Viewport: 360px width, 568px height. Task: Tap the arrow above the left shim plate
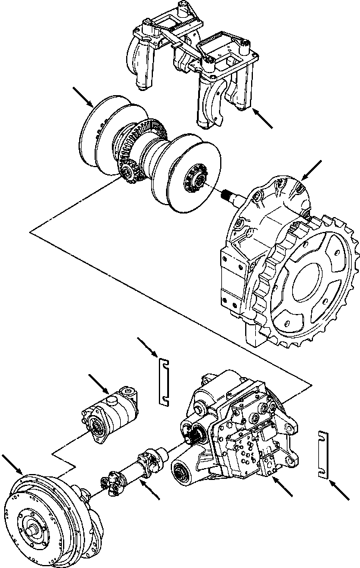click(x=146, y=348)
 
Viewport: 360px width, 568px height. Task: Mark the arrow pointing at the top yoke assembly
click(x=262, y=119)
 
